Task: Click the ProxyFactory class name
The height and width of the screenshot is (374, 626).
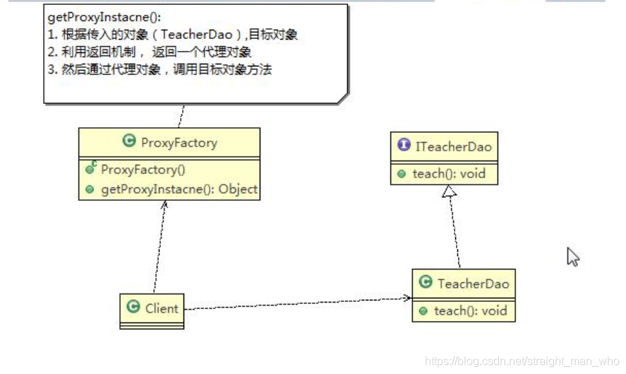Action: (x=179, y=142)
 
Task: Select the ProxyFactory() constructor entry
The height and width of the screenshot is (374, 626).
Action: (x=143, y=170)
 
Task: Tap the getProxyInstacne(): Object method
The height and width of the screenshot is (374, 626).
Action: (x=179, y=189)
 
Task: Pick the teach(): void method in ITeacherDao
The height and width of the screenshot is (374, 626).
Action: (x=449, y=173)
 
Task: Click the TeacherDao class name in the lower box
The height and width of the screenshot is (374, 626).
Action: (x=473, y=284)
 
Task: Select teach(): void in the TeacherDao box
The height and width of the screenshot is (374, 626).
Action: (x=470, y=310)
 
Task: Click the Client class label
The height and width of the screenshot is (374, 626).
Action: (x=162, y=308)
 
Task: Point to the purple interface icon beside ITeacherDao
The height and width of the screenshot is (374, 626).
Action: (x=404, y=146)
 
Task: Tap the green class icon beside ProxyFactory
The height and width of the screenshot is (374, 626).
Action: (x=128, y=141)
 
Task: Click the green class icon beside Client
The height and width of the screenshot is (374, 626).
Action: (x=133, y=307)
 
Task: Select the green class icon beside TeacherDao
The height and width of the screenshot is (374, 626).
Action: (x=426, y=283)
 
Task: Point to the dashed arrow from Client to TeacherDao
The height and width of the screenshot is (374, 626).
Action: (x=296, y=303)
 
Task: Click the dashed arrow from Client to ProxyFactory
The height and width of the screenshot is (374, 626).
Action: (x=159, y=247)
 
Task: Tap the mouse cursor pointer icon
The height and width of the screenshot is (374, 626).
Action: (x=572, y=257)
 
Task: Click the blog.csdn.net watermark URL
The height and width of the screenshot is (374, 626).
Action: (x=522, y=361)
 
